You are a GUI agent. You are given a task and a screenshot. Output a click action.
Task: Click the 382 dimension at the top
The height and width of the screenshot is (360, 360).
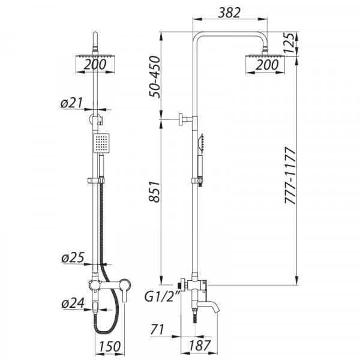click(x=229, y=12)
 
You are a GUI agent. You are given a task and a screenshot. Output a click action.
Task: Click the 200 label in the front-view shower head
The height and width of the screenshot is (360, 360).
click(x=97, y=65)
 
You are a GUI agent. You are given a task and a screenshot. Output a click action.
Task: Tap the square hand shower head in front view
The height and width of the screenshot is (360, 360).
click(x=101, y=142)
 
